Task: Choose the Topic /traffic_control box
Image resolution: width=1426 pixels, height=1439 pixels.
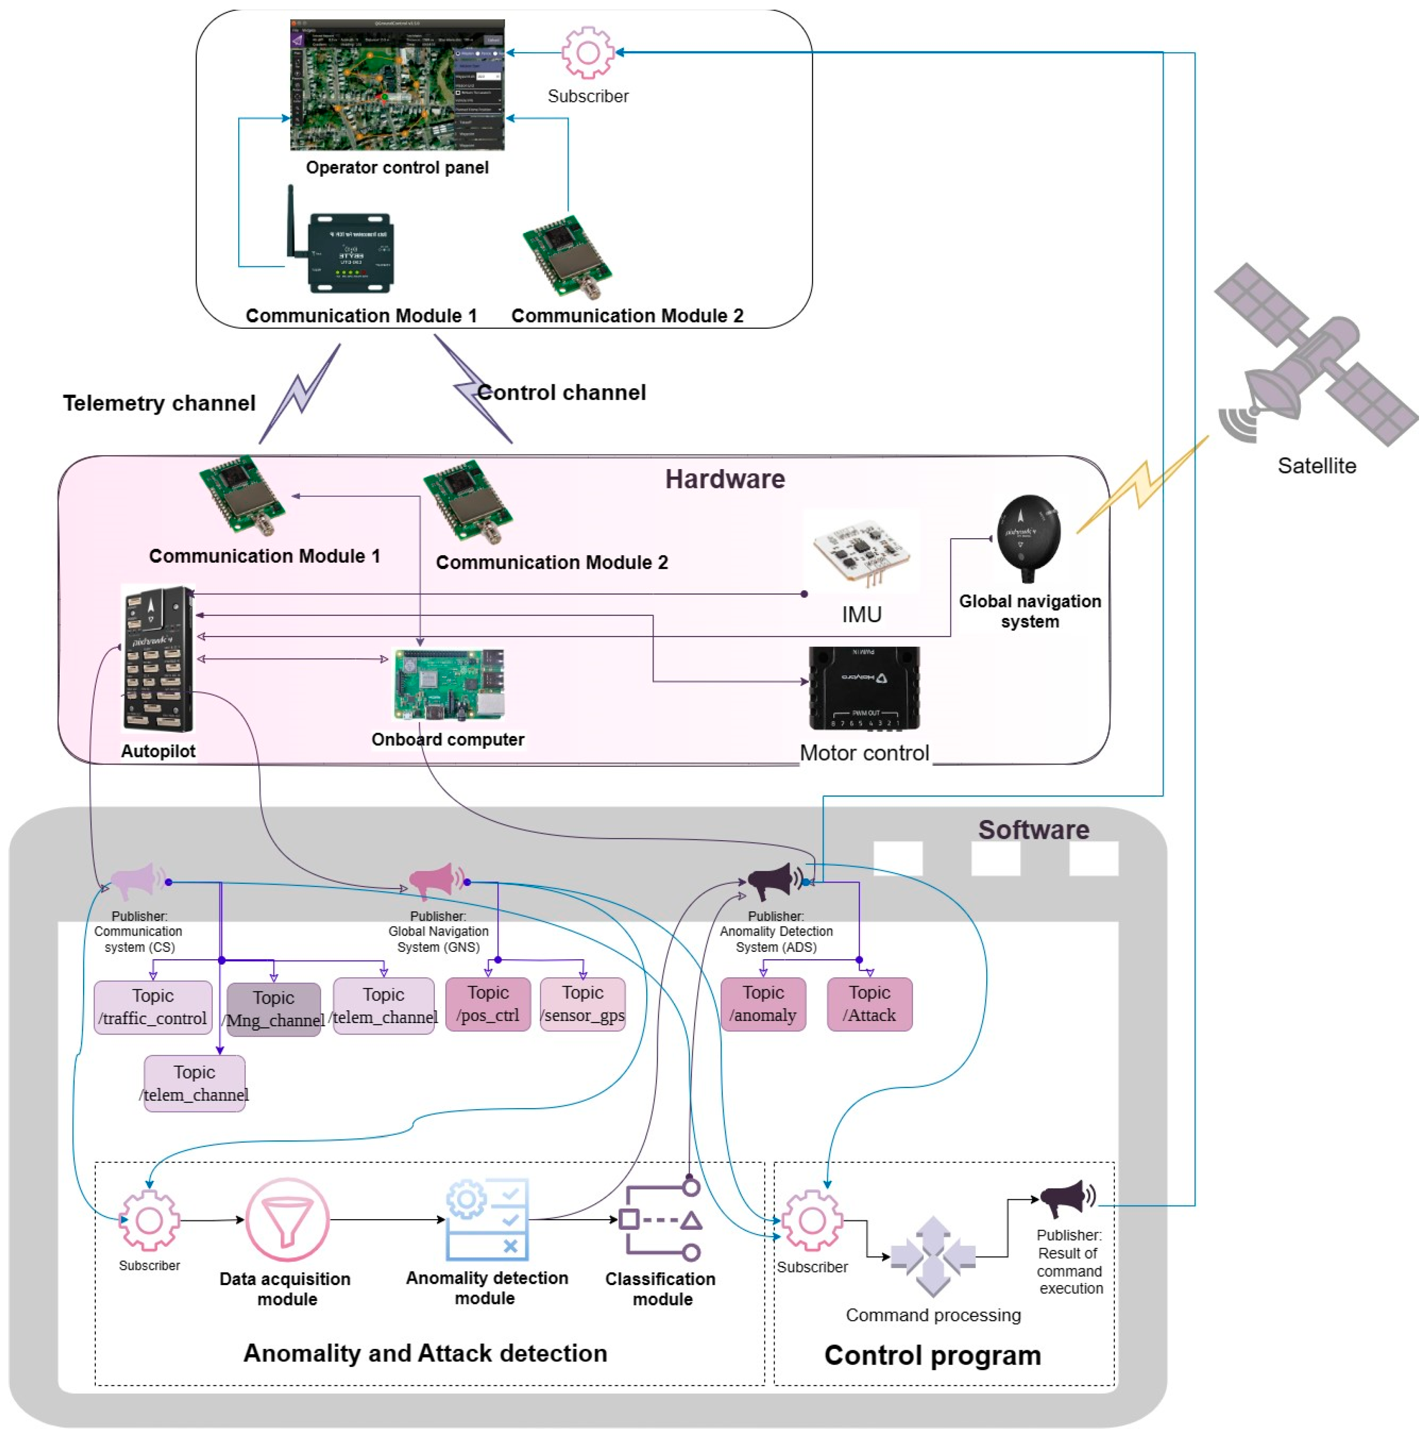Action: [153, 1006]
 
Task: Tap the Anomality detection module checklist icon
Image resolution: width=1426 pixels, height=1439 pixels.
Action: [488, 1219]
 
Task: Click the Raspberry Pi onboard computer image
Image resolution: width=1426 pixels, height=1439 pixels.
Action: [448, 684]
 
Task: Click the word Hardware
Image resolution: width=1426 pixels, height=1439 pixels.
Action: [724, 479]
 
